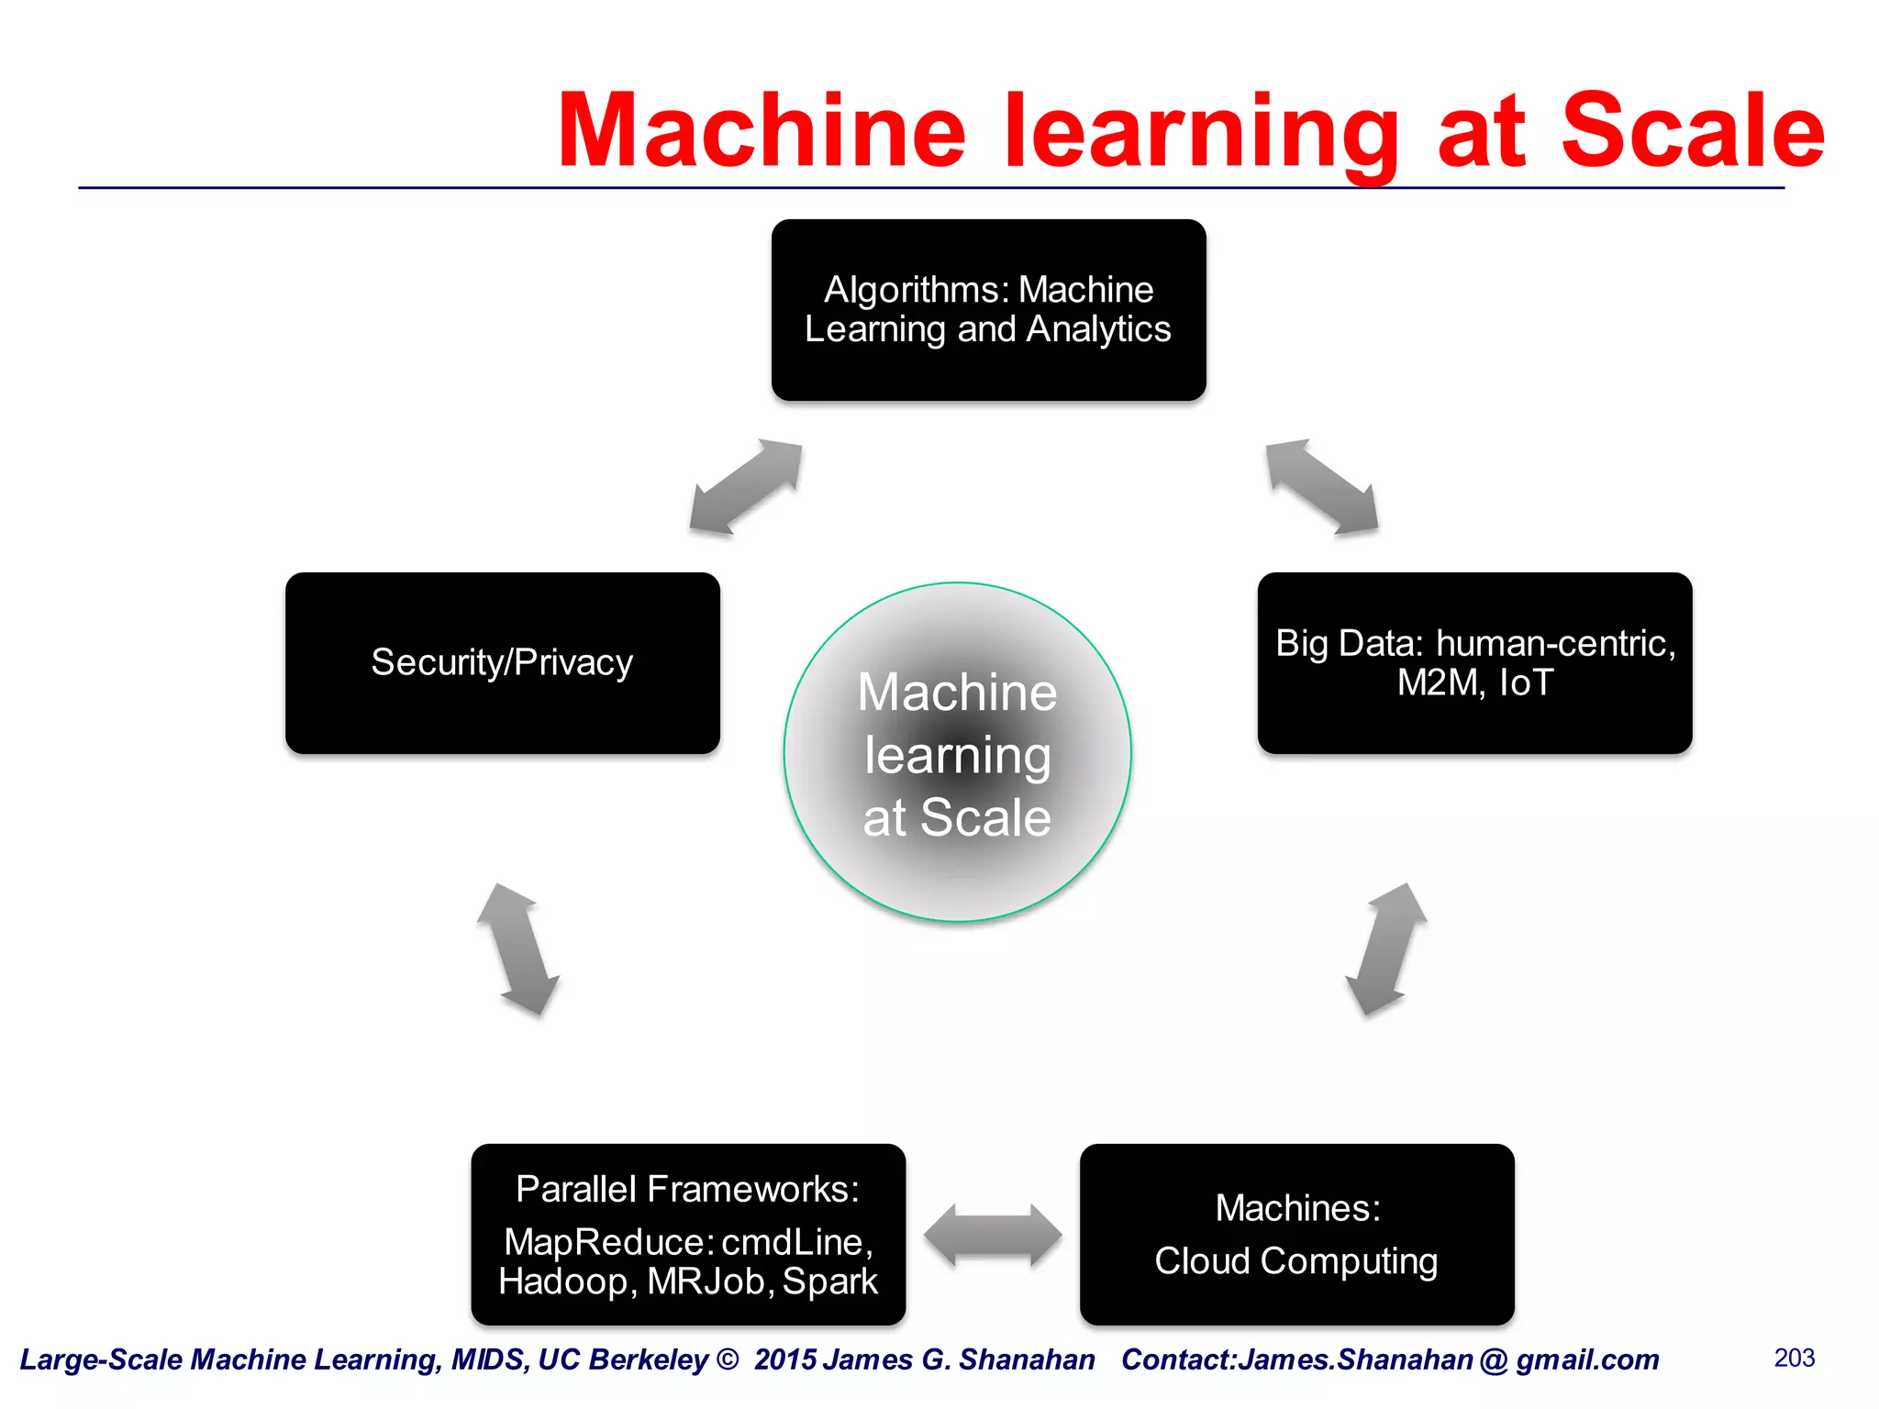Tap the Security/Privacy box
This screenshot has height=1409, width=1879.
pos(502,662)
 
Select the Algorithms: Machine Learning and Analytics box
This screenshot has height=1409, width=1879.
pos(988,309)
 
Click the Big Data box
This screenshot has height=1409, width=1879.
pos(1474,662)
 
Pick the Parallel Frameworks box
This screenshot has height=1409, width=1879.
pos(688,1234)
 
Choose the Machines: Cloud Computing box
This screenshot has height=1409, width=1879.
pos(1296,1234)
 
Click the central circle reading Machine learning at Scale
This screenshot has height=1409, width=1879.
pos(957,752)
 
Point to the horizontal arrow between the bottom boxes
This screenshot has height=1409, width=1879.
pos(993,1235)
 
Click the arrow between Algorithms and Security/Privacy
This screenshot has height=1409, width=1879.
pos(746,486)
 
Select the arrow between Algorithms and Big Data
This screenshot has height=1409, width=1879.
pos(1322,486)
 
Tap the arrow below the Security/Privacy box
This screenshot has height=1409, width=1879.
pos(518,949)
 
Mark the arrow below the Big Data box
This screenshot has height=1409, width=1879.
pos(1386,949)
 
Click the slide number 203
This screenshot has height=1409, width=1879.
pos(1794,1358)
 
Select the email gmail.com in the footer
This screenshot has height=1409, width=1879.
pos(1587,1359)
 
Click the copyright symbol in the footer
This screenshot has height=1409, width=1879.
pos(728,1359)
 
